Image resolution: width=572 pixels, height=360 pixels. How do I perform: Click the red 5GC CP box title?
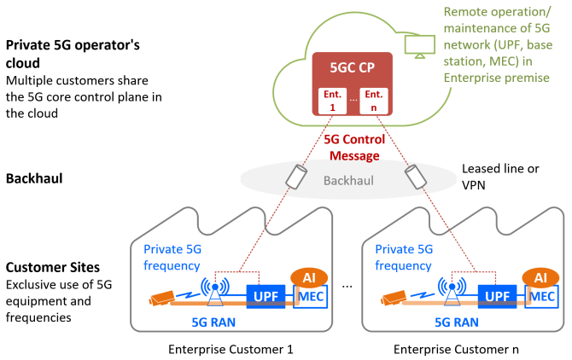352,67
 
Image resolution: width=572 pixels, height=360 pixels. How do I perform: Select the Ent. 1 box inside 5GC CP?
332,101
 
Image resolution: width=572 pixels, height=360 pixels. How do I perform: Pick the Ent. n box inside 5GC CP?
374,101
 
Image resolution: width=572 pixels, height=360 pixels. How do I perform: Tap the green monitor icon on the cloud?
419,46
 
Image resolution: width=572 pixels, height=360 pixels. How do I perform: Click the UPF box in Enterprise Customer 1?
266,296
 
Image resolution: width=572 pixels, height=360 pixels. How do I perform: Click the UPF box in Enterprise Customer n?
497,296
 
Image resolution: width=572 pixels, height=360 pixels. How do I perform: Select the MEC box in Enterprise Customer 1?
311,297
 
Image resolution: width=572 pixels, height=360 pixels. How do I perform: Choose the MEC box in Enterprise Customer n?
542,297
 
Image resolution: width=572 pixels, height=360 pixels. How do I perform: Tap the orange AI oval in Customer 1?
309,278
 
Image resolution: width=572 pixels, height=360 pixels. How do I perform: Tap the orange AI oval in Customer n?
540,278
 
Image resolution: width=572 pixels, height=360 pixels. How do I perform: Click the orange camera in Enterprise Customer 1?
161,298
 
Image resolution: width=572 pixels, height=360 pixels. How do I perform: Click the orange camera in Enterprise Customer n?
394,298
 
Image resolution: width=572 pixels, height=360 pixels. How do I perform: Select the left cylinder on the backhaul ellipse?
296,177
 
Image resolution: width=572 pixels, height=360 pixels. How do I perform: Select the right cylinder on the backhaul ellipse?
416,177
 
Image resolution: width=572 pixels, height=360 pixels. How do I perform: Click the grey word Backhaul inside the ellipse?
348,181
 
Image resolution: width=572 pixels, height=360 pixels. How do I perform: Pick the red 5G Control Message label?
354,148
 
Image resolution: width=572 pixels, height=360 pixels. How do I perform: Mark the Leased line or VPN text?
500,177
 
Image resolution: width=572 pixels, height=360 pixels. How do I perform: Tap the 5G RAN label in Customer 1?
213,322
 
